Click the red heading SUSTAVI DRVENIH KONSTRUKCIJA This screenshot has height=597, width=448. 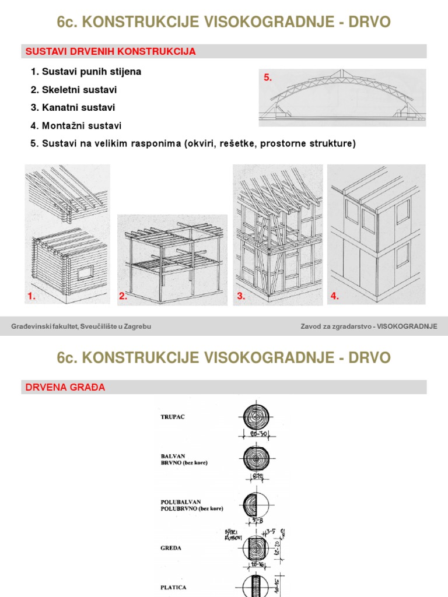(110, 52)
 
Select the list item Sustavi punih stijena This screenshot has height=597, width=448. (86, 72)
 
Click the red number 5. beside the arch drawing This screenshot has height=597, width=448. (268, 78)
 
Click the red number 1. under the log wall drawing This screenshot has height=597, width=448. (32, 296)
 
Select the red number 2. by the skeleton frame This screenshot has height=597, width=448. (123, 296)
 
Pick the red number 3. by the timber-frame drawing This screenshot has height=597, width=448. (241, 296)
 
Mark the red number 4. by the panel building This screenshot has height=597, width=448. (335, 296)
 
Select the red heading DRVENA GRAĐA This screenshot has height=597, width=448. (65, 387)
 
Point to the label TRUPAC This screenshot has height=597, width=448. (173, 417)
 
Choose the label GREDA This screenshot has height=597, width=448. (171, 548)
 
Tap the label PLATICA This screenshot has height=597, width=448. (174, 588)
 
